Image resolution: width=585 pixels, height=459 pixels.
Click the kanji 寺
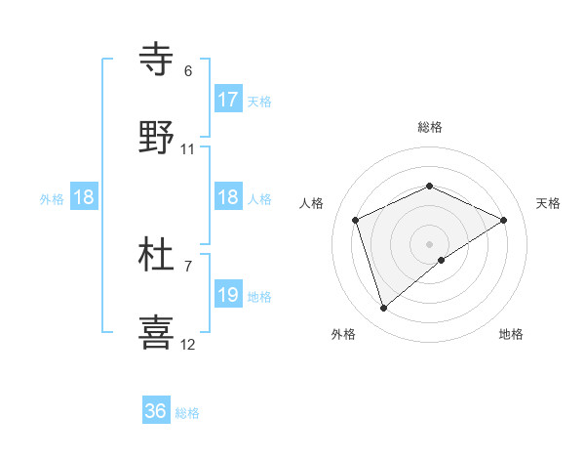tap(157, 59)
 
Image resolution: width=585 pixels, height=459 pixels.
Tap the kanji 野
tap(157, 138)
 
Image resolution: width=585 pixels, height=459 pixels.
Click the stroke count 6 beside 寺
tap(188, 71)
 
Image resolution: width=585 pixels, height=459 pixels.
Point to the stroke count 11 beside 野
tap(188, 149)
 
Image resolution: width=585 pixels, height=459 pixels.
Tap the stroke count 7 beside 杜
tap(188, 266)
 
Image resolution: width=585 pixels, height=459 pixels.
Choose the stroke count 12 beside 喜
tap(188, 345)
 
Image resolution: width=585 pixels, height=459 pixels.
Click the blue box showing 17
tap(228, 100)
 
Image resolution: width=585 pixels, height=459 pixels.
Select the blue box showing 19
tap(228, 295)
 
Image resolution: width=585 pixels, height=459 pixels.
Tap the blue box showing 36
tap(156, 411)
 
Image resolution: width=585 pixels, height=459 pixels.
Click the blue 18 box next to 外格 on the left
tap(84, 197)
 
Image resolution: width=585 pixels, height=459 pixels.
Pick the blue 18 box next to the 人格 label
tap(228, 197)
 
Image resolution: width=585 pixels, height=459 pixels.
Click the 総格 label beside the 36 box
tap(188, 413)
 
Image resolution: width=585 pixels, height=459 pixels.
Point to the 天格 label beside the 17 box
tap(259, 101)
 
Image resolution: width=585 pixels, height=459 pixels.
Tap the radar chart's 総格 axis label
tap(430, 127)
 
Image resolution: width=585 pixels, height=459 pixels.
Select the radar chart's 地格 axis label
tap(511, 334)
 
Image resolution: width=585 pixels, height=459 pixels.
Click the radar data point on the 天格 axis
tap(504, 220)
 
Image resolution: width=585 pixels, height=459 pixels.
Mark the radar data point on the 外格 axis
tap(383, 309)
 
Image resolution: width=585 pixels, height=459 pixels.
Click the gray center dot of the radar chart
tap(430, 243)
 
